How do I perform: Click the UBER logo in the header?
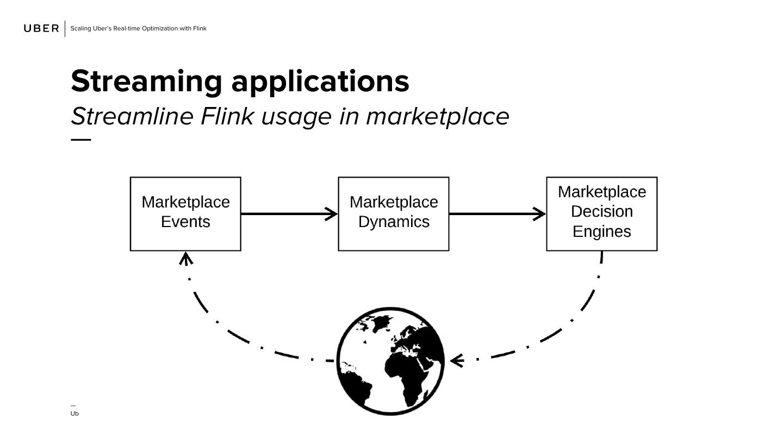[41, 28]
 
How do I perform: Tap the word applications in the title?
[320, 81]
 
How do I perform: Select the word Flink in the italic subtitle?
[227, 116]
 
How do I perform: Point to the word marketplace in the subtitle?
[437, 116]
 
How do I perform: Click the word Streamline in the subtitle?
[132, 116]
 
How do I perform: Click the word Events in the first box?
[185, 222]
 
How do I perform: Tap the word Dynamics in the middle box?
[394, 222]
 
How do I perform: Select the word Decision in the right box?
[602, 211]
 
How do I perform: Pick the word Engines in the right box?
[602, 231]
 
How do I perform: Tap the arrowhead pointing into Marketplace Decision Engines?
[540, 214]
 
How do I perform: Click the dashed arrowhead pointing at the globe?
[456, 360]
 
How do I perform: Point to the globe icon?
[390, 361]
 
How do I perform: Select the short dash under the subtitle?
[81, 140]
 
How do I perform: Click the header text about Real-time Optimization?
[139, 28]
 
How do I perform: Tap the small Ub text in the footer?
[74, 413]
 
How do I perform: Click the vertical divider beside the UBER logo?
[65, 28]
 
